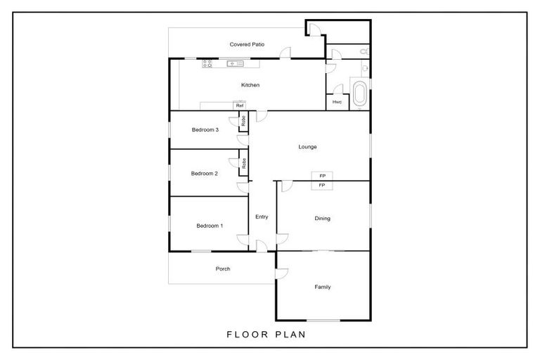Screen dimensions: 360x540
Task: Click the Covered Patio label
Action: (x=247, y=44)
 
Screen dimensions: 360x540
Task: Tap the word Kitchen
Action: (x=250, y=85)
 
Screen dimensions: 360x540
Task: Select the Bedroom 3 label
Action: (x=205, y=129)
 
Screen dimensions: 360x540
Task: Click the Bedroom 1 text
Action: (x=209, y=226)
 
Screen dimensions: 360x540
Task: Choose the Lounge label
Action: (x=307, y=147)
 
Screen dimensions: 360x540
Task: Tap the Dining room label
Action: (x=322, y=219)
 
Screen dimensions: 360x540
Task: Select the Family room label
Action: (x=322, y=287)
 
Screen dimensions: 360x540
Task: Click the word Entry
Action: (x=262, y=217)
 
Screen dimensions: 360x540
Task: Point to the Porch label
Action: (x=222, y=269)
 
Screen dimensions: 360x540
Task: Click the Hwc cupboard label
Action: (x=337, y=102)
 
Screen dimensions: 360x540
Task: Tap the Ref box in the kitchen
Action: (x=240, y=106)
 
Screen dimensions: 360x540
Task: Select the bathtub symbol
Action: (x=360, y=94)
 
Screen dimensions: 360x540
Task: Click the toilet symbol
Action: (x=362, y=52)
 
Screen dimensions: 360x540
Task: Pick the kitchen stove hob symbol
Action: (x=207, y=64)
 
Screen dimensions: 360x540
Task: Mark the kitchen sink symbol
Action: (x=234, y=64)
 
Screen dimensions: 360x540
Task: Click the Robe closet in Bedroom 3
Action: (x=243, y=120)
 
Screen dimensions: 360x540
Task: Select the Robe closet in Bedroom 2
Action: (x=243, y=165)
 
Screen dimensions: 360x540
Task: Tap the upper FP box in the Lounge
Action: (x=322, y=176)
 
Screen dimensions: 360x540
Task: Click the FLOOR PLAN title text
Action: (x=266, y=335)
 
